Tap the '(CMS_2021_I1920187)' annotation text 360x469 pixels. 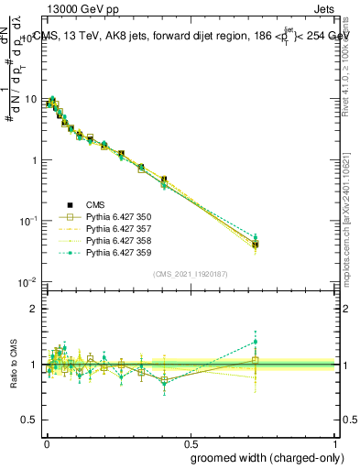click(x=190, y=274)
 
